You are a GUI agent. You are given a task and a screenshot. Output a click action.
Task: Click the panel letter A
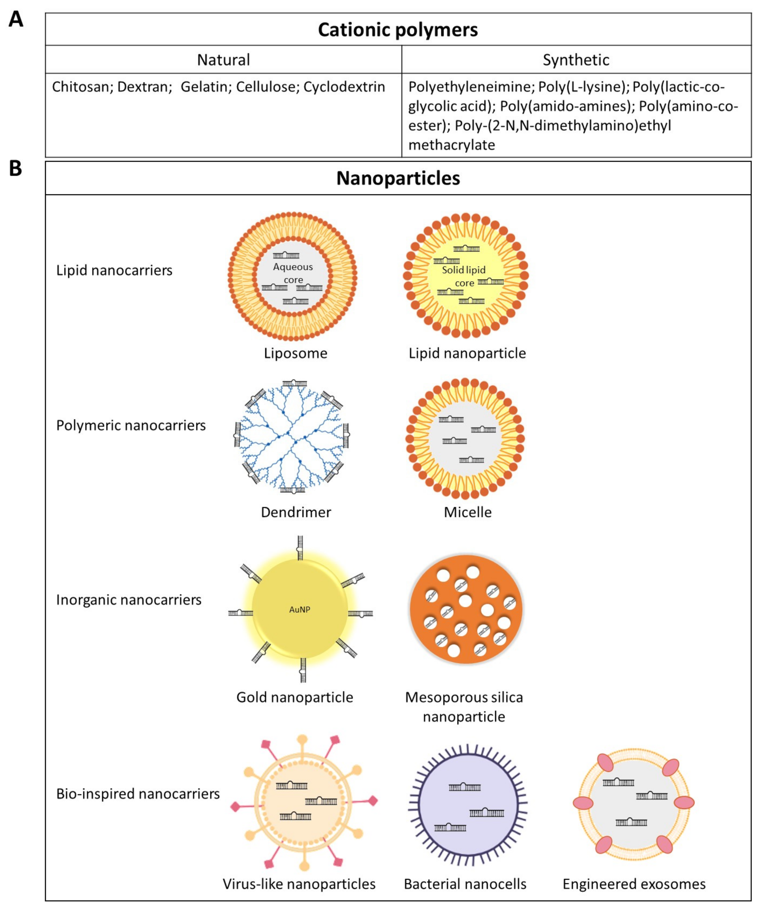click(x=16, y=20)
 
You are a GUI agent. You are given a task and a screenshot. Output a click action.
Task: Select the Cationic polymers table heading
click(x=398, y=30)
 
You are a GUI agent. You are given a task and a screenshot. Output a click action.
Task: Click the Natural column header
click(x=223, y=60)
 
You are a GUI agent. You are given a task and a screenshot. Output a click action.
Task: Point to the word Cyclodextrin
click(x=344, y=87)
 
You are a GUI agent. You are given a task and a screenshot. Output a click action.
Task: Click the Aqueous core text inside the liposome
click(x=293, y=273)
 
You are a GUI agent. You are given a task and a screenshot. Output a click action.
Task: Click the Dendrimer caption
click(x=296, y=512)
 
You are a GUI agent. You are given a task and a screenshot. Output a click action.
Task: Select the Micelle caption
click(x=468, y=512)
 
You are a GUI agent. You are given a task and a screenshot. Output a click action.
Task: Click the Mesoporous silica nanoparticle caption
click(x=464, y=706)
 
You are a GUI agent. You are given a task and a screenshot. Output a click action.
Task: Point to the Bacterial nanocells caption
click(x=465, y=884)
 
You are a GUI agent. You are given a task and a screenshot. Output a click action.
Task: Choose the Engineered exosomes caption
click(x=634, y=884)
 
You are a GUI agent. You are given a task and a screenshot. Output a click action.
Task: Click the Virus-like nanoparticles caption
click(x=299, y=884)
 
